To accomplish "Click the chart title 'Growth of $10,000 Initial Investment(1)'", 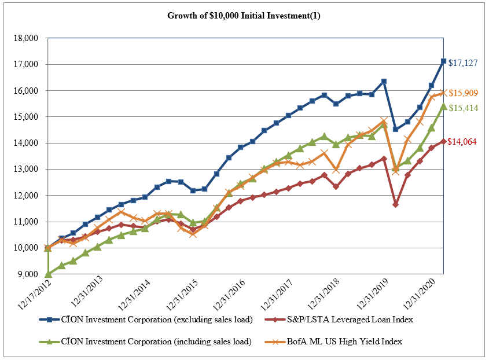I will (244, 16).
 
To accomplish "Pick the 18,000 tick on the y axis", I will (25, 38).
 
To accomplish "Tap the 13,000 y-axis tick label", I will (25, 169).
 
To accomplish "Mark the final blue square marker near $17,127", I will (443, 61).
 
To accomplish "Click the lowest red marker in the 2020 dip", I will (395, 205).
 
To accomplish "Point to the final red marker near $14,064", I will (443, 141).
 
